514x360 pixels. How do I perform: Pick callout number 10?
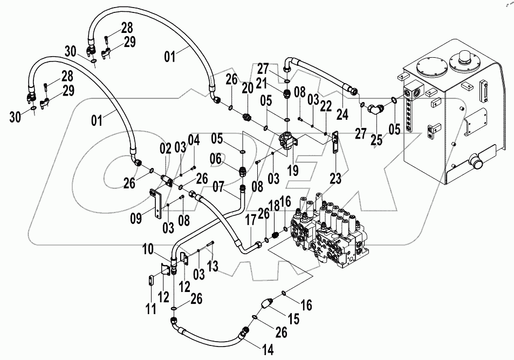click(148, 250)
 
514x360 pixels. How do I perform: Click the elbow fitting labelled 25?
click(373, 110)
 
